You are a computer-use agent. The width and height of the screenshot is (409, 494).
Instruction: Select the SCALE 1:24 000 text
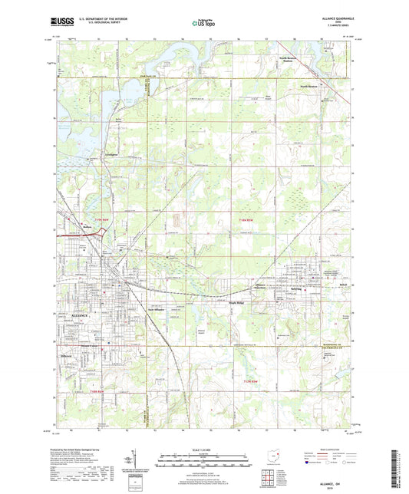(x=204, y=450)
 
